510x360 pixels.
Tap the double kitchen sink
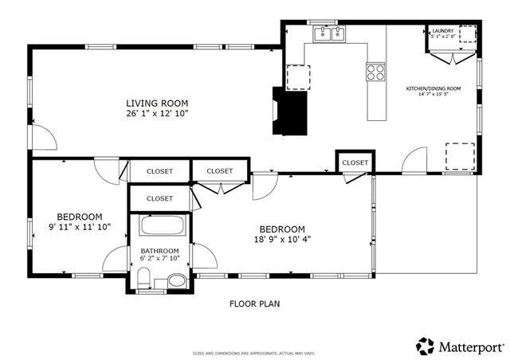(x=330, y=34)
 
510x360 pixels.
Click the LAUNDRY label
(x=442, y=29)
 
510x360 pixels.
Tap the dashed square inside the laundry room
(x=469, y=34)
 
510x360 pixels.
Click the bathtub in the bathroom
(x=163, y=225)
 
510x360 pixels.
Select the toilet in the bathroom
(x=144, y=278)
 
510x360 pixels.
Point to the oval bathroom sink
(x=175, y=280)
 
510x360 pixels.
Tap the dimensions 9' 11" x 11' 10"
(x=79, y=227)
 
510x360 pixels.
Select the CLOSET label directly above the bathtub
(x=159, y=198)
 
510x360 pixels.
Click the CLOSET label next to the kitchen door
(x=355, y=162)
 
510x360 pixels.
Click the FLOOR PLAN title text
(x=254, y=303)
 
